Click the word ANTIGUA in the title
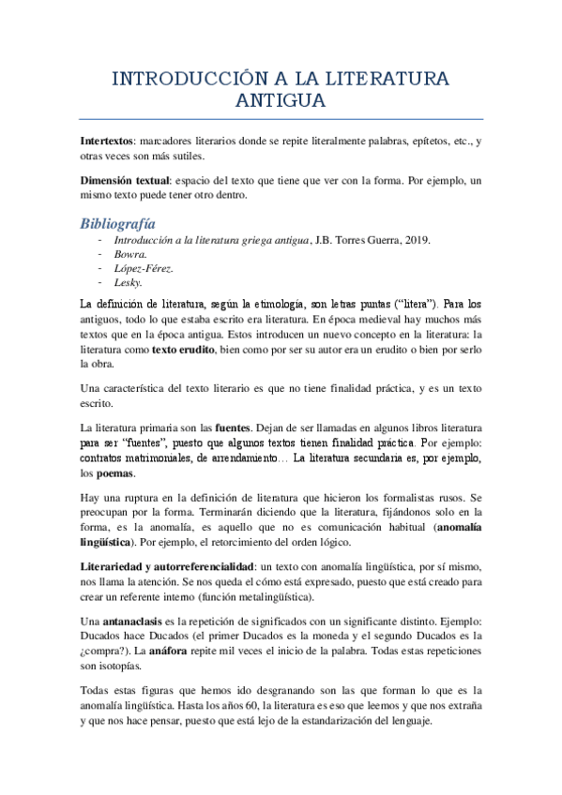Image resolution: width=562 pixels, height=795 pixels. coord(281,100)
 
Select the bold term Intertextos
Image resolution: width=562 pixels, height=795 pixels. coord(107,141)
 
